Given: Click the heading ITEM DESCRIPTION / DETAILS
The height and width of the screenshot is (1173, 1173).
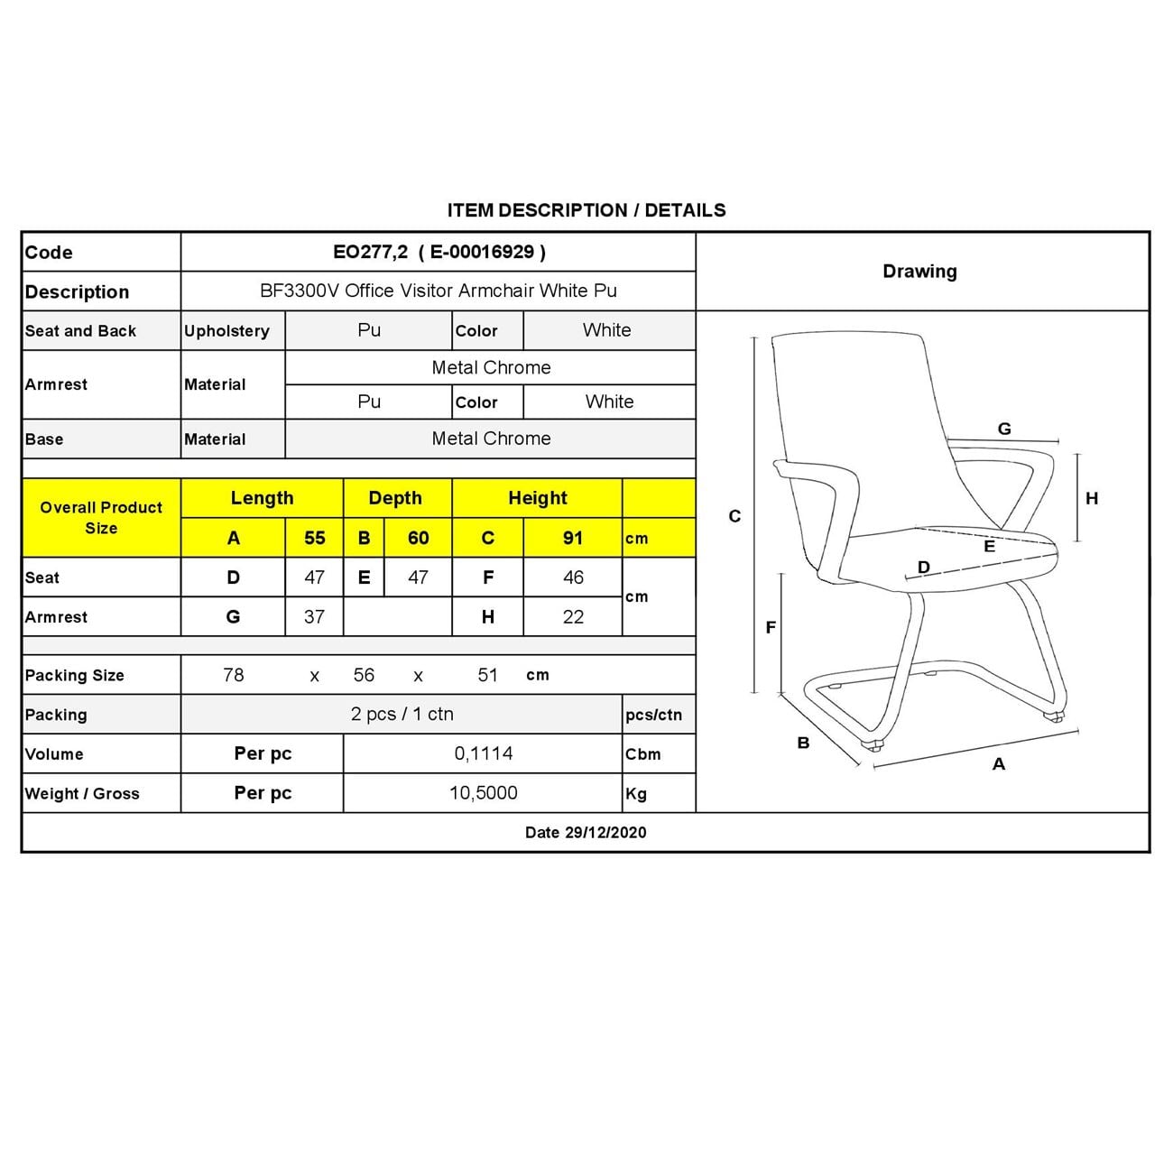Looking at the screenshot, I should (x=586, y=210).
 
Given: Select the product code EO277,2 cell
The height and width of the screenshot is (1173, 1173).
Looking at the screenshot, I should (x=439, y=252).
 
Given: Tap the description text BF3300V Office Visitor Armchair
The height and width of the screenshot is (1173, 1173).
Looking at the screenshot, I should (x=439, y=291).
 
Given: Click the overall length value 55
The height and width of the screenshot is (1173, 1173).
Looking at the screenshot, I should (x=314, y=538).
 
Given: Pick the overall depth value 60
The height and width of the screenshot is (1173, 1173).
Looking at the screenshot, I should (x=418, y=538).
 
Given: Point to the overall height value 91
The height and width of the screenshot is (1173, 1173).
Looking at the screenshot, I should (x=573, y=538).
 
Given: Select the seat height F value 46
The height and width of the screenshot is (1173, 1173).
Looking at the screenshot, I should (x=573, y=577).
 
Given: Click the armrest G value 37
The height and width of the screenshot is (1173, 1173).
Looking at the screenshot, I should (x=314, y=617).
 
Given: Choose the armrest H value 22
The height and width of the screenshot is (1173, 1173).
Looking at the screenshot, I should (x=573, y=617).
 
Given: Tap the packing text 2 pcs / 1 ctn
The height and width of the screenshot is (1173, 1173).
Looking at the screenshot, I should (x=402, y=714).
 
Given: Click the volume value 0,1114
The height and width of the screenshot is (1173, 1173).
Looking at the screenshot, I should (x=484, y=753).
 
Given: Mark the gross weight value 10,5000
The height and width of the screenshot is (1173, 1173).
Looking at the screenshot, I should (x=484, y=793).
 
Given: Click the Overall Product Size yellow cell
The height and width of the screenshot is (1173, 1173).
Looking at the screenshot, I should (x=101, y=518).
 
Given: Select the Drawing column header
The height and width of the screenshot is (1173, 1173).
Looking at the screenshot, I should (x=919, y=271).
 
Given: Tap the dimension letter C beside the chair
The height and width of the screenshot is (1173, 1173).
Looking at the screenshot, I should (x=734, y=516).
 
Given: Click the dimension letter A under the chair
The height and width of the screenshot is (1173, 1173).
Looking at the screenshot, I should (x=998, y=764).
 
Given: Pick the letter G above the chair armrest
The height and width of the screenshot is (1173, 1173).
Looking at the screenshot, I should (x=1004, y=429).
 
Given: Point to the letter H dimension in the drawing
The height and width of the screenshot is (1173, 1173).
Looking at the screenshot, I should (x=1092, y=498).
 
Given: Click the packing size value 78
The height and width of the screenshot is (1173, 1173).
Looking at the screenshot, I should (x=234, y=675).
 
